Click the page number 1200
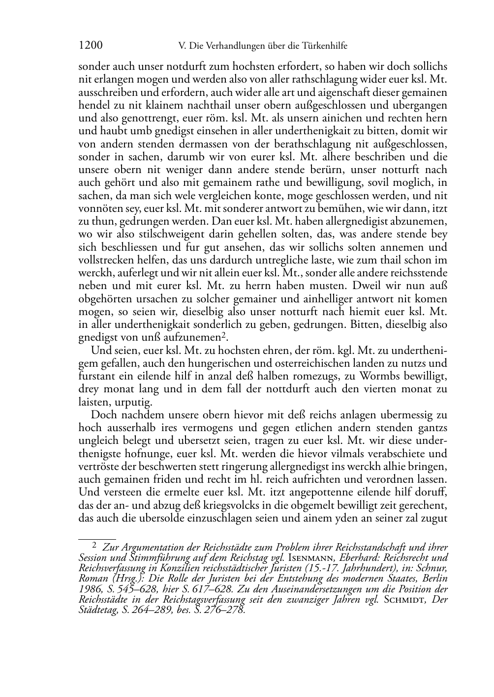click(91, 46)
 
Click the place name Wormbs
click(364, 376)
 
